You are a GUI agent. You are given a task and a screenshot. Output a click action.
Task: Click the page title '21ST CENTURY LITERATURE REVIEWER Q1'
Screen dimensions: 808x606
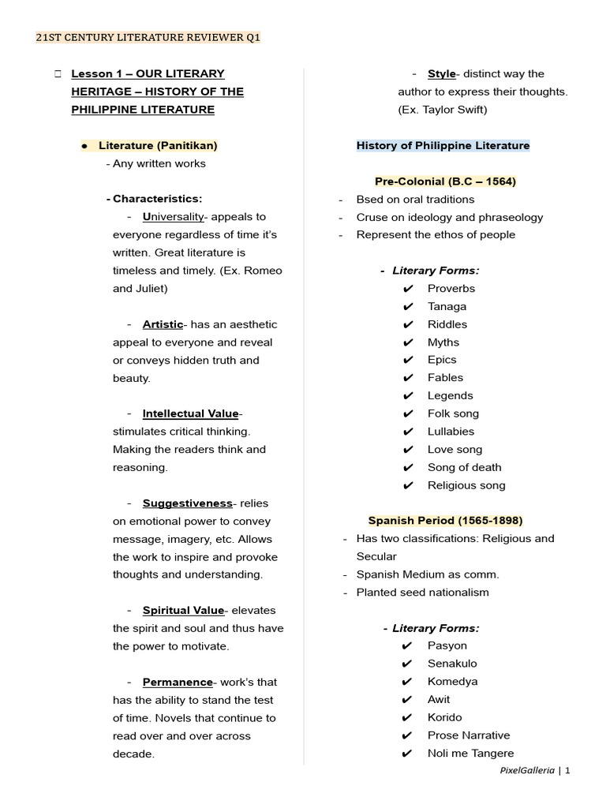click(x=148, y=38)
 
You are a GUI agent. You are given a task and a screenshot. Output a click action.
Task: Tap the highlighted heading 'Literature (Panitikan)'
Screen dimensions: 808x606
click(x=158, y=146)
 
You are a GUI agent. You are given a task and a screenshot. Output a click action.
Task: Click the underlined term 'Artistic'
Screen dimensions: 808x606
click(x=163, y=324)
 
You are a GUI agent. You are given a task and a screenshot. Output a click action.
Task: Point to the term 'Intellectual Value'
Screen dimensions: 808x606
click(x=190, y=414)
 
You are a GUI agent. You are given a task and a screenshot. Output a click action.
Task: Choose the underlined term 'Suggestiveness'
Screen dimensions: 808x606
click(x=188, y=503)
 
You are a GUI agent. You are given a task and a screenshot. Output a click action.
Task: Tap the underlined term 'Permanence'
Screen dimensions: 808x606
click(x=178, y=683)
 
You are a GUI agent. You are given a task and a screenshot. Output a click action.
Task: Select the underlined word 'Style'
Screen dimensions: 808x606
click(x=442, y=74)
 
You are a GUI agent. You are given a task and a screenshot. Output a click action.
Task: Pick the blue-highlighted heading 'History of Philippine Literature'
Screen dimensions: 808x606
click(x=443, y=146)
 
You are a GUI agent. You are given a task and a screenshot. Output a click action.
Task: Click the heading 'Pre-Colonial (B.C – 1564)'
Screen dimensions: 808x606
click(x=445, y=181)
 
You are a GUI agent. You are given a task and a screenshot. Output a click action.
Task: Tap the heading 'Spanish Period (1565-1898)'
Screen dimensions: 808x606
click(x=445, y=521)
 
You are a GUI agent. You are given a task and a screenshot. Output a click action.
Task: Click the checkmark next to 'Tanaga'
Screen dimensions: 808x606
click(x=408, y=307)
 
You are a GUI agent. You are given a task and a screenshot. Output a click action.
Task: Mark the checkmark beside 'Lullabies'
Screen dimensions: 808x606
click(x=408, y=432)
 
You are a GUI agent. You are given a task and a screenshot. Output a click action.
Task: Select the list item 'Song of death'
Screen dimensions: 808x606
click(x=464, y=468)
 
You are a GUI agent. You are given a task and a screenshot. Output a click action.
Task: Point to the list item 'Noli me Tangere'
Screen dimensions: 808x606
click(x=470, y=754)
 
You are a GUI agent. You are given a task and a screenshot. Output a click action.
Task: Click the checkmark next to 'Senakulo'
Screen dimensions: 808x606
click(x=408, y=664)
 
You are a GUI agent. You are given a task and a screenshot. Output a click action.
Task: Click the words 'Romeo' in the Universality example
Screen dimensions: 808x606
click(x=264, y=271)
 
